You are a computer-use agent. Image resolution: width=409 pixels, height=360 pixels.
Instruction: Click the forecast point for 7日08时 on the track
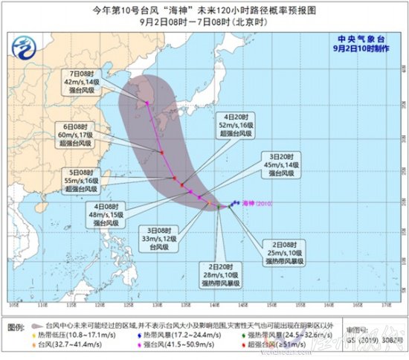tap(147, 103)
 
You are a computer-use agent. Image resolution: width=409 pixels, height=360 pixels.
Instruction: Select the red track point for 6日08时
tap(161, 153)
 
